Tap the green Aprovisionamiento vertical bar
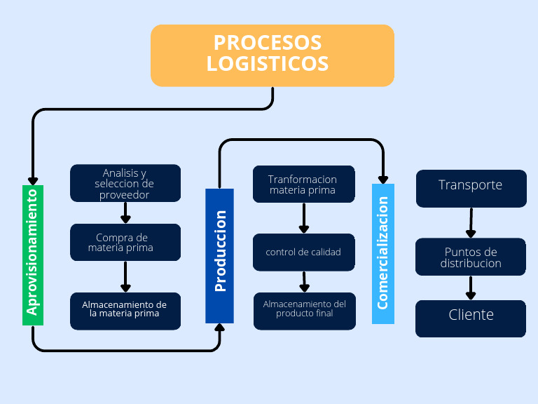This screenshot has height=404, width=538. (x=33, y=255)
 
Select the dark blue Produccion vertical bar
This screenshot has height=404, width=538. (x=219, y=255)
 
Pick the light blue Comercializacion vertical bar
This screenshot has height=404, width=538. (x=383, y=253)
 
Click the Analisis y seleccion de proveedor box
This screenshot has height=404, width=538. (x=125, y=183)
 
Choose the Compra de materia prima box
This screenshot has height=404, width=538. (x=125, y=242)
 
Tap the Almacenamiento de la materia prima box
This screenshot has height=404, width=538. (x=125, y=310)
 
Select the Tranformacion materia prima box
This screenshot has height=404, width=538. (x=303, y=184)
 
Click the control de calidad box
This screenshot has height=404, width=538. (x=303, y=252)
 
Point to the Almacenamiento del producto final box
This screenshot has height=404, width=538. (x=305, y=309)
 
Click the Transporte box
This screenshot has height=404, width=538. (x=471, y=187)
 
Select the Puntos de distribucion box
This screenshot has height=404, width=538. (x=471, y=257)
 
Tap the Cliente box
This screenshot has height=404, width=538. (x=471, y=318)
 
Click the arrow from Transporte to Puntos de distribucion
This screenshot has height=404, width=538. (x=471, y=223)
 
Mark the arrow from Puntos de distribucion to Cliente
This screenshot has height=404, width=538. (x=471, y=288)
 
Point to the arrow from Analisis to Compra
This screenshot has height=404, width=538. (x=125, y=213)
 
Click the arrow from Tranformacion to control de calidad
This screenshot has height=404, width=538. (x=304, y=218)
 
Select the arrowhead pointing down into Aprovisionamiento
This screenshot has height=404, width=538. (x=33, y=179)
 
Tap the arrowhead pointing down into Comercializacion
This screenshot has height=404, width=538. (x=383, y=177)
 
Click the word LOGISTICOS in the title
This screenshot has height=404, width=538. (x=268, y=64)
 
